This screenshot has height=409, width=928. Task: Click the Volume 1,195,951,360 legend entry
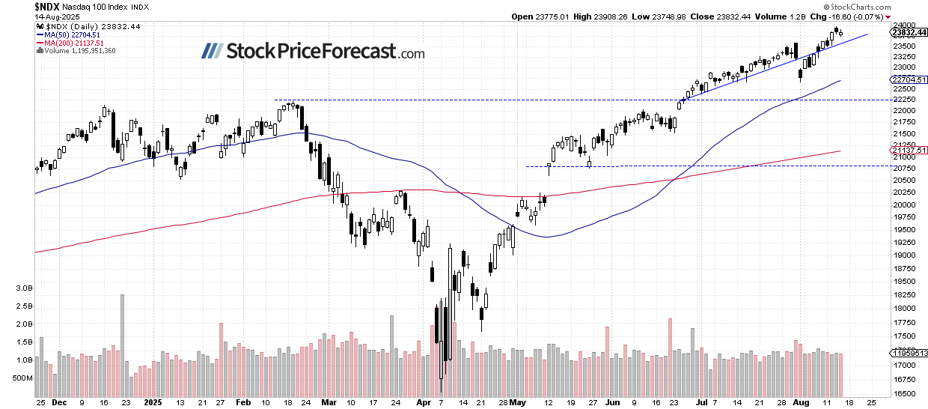81,52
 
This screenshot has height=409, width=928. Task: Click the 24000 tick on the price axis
903,25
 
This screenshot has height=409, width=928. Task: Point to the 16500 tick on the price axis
903,393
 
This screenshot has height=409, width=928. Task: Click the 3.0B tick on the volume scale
23,288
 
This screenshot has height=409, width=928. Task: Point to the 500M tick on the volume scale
23,378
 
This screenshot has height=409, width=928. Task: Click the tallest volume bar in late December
122,344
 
